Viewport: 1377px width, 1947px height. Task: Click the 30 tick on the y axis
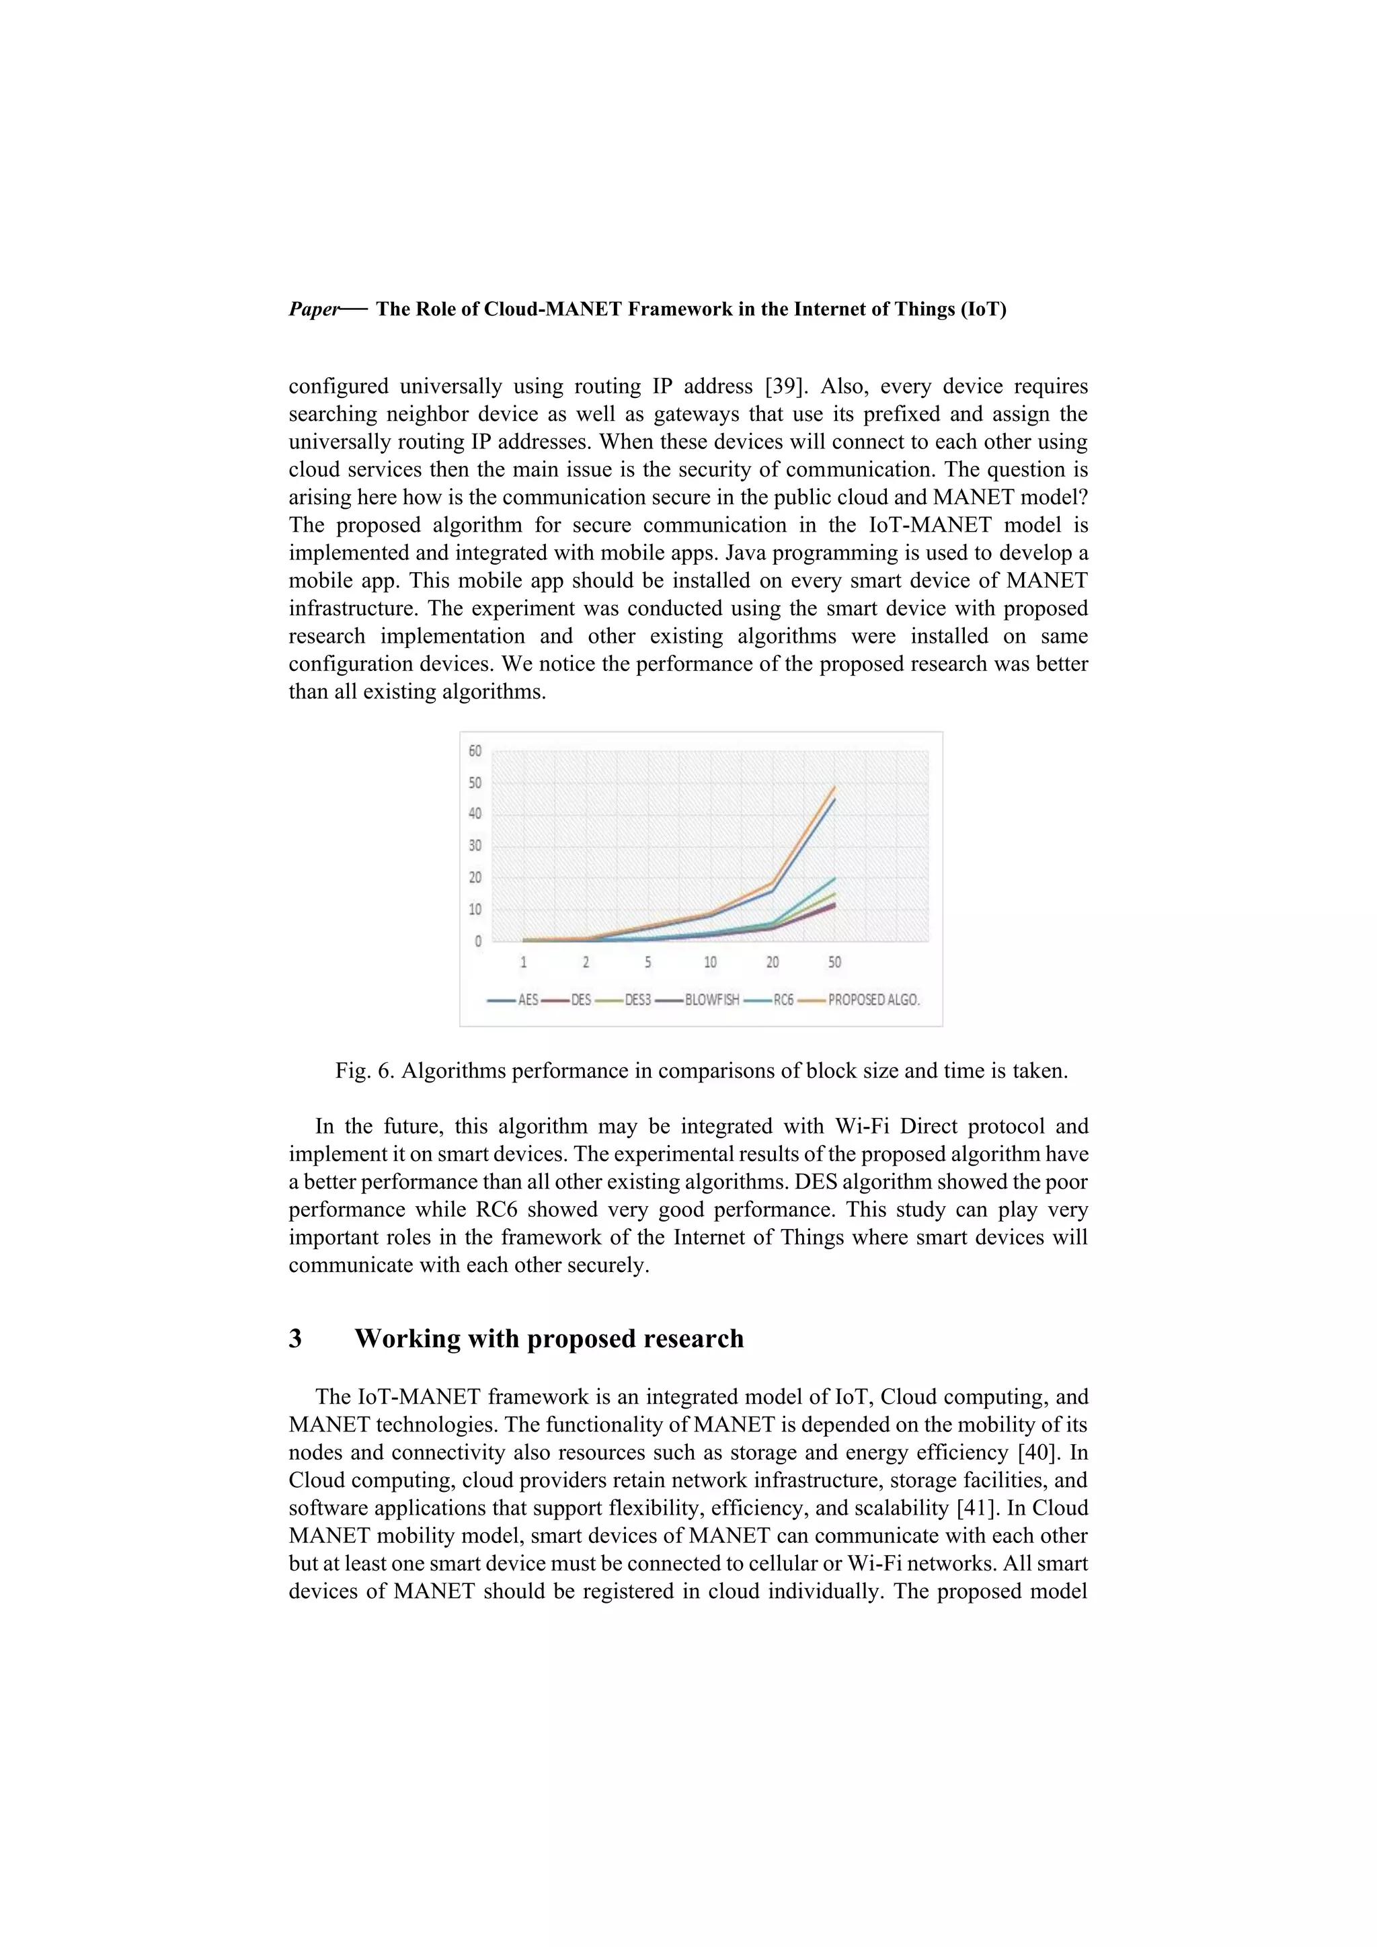(x=475, y=846)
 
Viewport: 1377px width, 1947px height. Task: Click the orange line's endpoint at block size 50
(x=835, y=787)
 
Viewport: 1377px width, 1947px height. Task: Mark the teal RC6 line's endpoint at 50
(x=835, y=877)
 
